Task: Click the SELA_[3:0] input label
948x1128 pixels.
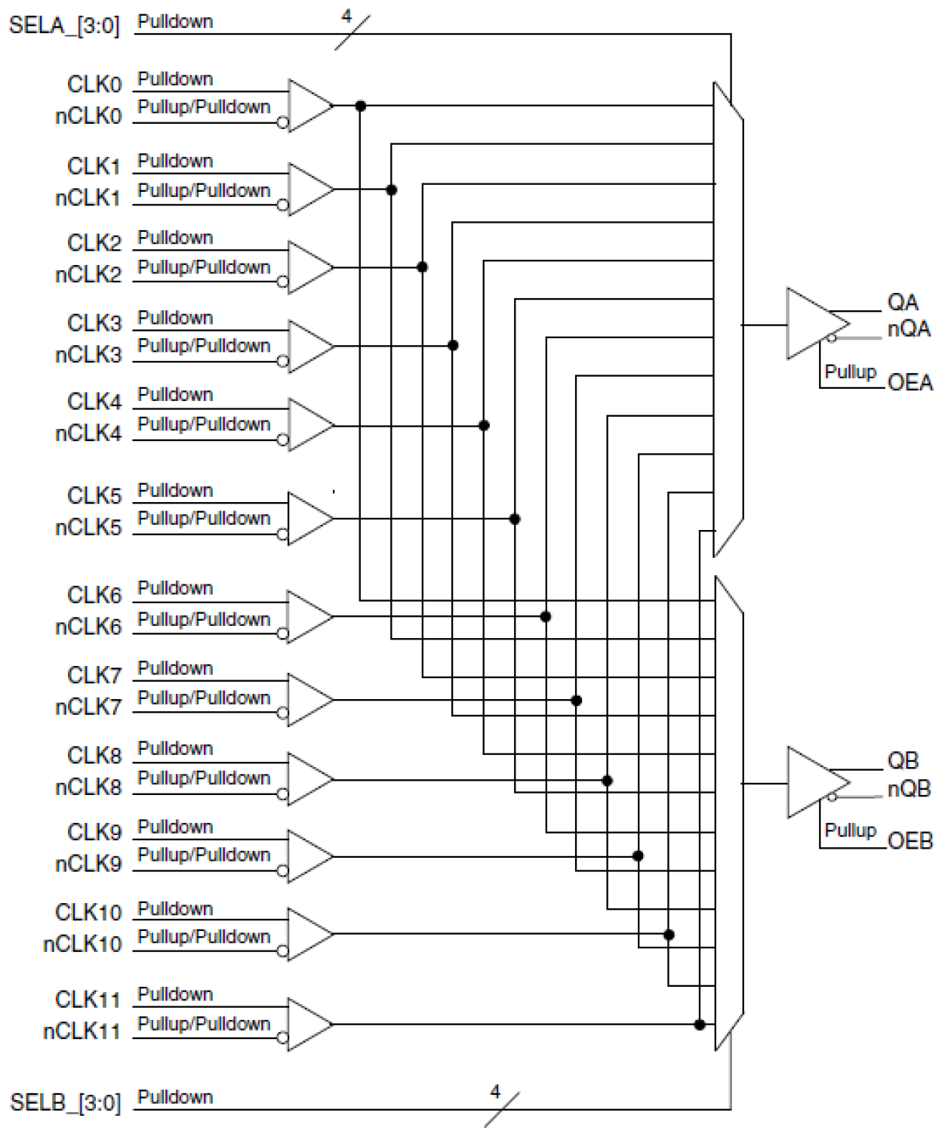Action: [x=64, y=26]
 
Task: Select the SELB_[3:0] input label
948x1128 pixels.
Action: [x=65, y=1102]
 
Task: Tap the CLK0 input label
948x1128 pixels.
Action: [x=94, y=84]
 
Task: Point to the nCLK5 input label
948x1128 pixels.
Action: [x=88, y=527]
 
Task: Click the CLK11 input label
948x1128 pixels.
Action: [x=88, y=999]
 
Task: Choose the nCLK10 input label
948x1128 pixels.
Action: [x=82, y=944]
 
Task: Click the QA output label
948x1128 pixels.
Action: [x=902, y=302]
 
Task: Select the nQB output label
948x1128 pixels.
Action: [x=909, y=788]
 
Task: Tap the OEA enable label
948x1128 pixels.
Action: [x=910, y=382]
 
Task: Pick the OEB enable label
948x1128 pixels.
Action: [x=910, y=840]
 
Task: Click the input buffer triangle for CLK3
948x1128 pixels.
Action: [x=308, y=346]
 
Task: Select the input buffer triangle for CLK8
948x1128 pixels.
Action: [x=308, y=778]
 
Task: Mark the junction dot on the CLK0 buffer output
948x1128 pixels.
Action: [x=361, y=106]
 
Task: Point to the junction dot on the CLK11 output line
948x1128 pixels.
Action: [x=700, y=1025]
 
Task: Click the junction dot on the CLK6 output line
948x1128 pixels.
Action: [x=546, y=617]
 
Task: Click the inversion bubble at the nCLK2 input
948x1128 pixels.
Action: [x=282, y=282]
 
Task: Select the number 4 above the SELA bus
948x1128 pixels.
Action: [x=346, y=16]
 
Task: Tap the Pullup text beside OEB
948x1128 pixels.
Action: [x=850, y=830]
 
